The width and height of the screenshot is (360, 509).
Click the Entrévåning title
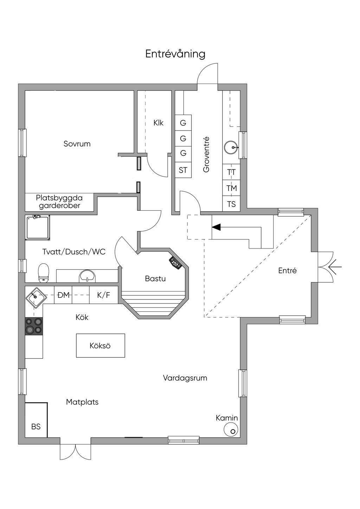175,54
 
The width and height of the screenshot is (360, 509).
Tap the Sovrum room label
77,144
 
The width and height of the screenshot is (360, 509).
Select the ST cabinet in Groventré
183,170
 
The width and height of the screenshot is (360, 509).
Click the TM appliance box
231,188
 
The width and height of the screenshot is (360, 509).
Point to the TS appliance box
231,204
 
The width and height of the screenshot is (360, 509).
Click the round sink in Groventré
231,148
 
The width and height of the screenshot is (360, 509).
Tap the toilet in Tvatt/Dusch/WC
44,272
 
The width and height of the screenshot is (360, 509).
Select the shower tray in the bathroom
37,227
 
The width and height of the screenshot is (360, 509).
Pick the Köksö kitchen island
101,346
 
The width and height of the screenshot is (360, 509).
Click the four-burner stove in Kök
34,326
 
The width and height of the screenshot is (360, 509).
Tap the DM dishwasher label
63,295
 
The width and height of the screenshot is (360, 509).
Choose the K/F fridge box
104,295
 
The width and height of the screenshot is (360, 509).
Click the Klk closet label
159,123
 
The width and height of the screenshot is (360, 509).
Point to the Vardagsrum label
185,378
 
